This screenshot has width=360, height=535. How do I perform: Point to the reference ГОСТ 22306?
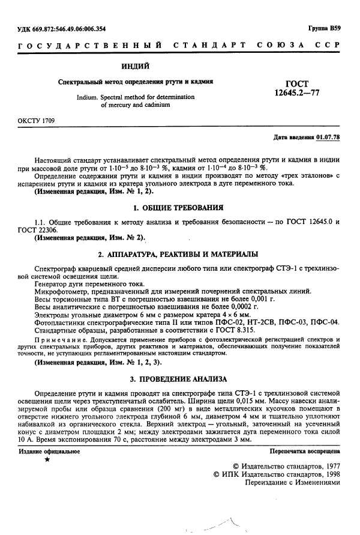(x=40, y=230)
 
